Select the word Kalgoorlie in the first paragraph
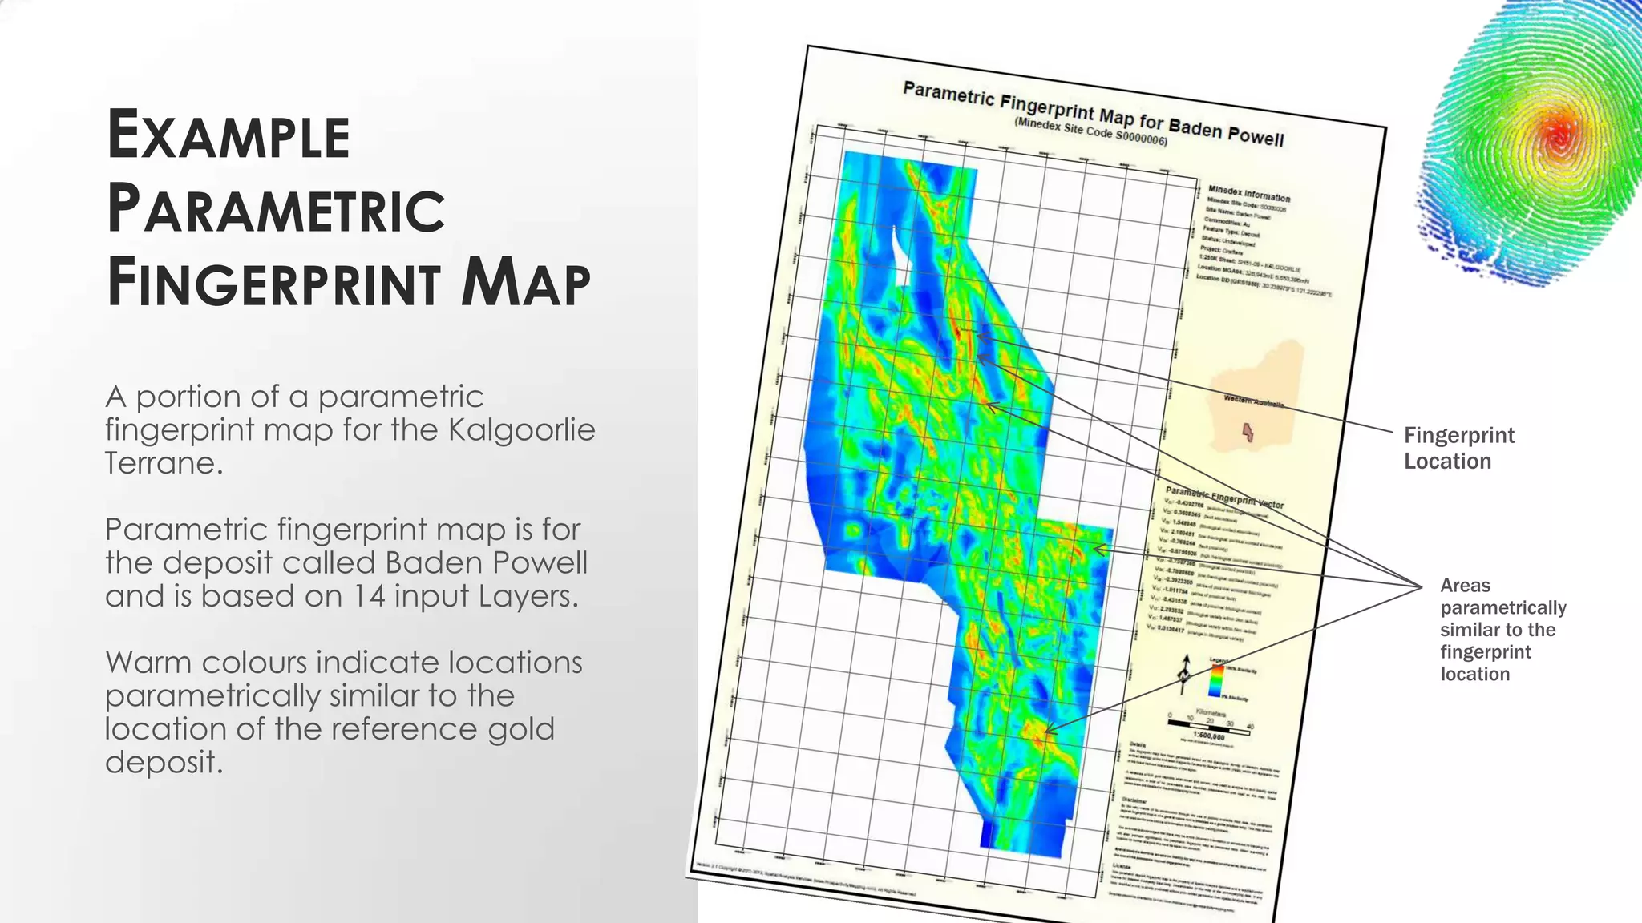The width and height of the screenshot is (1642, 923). [521, 430]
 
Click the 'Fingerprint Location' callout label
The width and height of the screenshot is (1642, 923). [1458, 448]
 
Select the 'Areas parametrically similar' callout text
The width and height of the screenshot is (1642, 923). [1502, 629]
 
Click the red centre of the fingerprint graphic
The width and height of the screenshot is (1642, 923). [1558, 139]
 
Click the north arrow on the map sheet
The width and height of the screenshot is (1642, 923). [1184, 673]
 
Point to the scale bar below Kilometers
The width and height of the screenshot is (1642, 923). [1209, 726]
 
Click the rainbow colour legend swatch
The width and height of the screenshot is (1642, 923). [1216, 682]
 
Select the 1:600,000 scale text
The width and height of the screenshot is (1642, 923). [1208, 736]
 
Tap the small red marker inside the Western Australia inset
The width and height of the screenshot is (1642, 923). [1247, 432]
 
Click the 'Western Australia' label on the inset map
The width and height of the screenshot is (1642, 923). [1253, 401]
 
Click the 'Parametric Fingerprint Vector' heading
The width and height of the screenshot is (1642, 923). [1224, 498]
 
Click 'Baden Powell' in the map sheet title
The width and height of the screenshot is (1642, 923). [1226, 132]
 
